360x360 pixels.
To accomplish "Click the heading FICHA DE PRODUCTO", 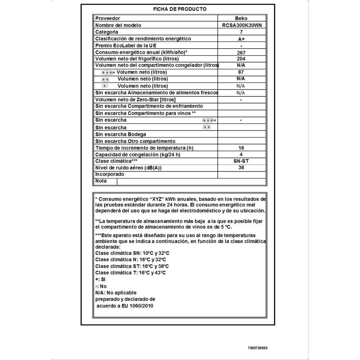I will [180, 9].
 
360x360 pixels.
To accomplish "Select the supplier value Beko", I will [241, 18].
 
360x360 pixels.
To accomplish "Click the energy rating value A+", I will [241, 39].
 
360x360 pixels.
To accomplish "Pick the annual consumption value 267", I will [241, 52].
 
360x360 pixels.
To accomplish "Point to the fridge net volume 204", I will [241, 59].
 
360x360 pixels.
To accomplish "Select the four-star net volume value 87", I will [241, 72].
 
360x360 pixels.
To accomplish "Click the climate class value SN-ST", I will [241, 161].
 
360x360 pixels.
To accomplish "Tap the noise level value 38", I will [241, 168].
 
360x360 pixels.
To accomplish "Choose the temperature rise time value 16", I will [241, 148].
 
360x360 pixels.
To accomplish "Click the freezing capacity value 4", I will [241, 155].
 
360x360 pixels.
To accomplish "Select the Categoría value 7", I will [241, 32].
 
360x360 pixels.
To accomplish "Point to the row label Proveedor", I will [108, 18].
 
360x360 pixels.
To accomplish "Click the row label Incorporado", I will [110, 174].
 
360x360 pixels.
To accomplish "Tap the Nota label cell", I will [101, 181].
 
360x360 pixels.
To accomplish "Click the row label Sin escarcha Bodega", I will [121, 134].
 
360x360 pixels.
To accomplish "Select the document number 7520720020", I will [257, 348].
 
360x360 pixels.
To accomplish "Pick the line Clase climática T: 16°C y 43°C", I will [130, 273].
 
